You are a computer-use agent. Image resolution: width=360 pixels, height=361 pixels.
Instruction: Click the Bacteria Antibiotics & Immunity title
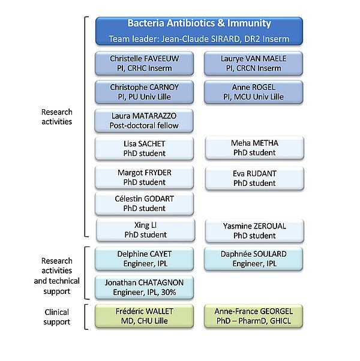(199, 24)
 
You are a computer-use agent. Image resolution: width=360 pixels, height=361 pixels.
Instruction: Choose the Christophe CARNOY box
(145, 91)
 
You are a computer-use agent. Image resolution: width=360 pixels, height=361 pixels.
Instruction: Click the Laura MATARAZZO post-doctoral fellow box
(145, 121)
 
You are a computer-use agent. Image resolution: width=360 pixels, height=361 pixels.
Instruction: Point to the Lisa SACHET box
(145, 148)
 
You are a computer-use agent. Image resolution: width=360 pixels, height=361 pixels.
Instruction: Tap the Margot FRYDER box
(145, 177)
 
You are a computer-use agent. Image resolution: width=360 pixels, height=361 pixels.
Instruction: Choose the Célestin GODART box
(145, 203)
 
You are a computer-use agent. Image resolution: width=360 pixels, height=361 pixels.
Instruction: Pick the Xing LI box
(145, 230)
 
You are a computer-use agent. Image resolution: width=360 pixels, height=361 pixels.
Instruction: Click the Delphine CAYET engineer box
(145, 258)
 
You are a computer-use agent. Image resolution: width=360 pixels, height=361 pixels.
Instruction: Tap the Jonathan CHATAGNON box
(145, 287)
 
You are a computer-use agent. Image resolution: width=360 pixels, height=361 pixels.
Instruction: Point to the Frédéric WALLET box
(145, 316)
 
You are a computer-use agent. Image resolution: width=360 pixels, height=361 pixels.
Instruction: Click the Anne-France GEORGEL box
(253, 316)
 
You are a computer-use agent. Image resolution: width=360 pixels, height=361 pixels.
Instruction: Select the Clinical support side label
(57, 317)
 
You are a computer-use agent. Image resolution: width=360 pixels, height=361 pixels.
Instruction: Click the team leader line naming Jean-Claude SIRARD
(199, 39)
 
